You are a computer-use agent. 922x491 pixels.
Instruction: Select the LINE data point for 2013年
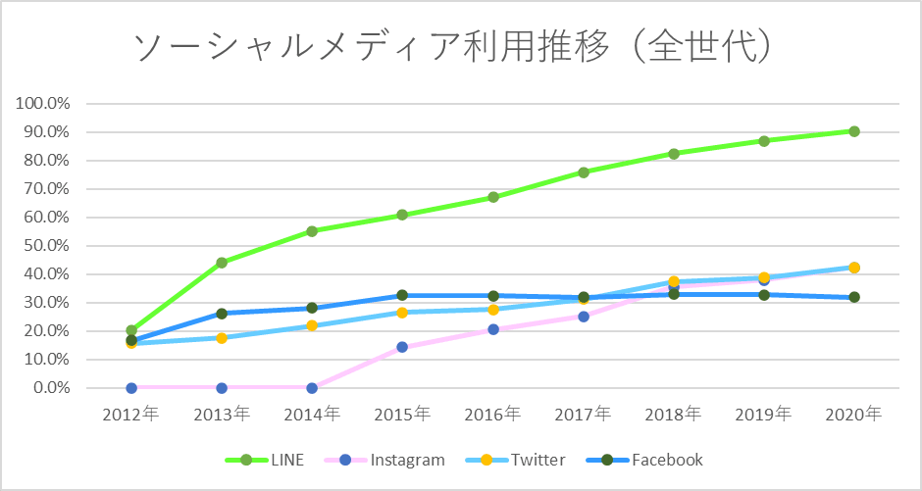click(222, 263)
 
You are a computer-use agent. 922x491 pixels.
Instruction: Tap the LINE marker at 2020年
click(854, 131)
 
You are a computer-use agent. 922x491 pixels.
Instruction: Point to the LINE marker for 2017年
click(584, 172)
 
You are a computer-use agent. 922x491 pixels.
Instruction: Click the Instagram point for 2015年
click(402, 347)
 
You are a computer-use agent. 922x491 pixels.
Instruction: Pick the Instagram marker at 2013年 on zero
click(222, 388)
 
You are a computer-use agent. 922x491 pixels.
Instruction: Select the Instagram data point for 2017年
click(584, 317)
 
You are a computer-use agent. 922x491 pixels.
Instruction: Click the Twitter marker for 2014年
click(312, 325)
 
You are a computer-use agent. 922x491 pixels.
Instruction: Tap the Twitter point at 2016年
click(493, 310)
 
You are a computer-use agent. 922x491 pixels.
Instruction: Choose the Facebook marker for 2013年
click(222, 314)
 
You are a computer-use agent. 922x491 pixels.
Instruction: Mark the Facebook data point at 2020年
click(854, 297)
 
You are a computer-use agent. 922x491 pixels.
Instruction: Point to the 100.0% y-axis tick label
click(44, 104)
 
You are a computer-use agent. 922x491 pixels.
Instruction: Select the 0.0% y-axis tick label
click(51, 388)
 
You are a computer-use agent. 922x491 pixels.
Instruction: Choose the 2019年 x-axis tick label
click(764, 414)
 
